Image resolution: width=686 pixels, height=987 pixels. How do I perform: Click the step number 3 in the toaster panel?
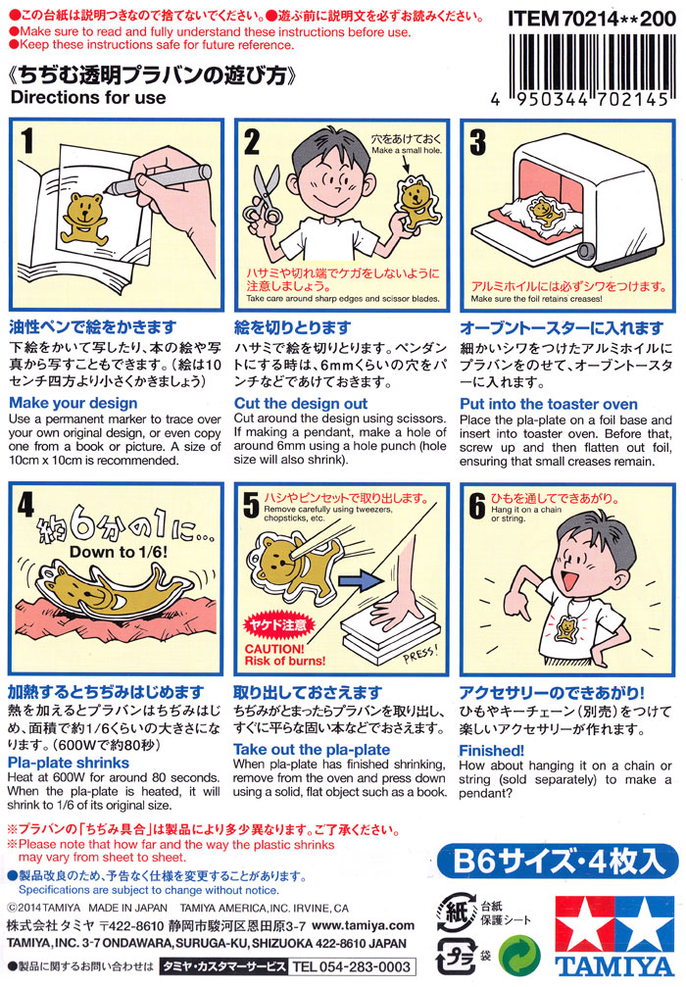pyautogui.click(x=478, y=142)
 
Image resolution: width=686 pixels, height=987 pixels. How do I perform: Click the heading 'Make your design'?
pyautogui.click(x=73, y=403)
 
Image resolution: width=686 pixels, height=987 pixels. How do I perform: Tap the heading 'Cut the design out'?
pyautogui.click(x=301, y=403)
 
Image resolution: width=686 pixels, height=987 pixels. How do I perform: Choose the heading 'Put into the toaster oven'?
pyautogui.click(x=548, y=404)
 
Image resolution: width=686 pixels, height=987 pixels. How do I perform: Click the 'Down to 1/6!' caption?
pyautogui.click(x=119, y=552)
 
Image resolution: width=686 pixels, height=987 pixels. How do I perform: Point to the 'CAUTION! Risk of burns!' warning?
pyautogui.click(x=284, y=655)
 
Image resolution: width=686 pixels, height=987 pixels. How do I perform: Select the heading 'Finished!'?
pyautogui.click(x=491, y=751)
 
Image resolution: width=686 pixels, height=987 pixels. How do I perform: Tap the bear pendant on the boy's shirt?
pyautogui.click(x=567, y=625)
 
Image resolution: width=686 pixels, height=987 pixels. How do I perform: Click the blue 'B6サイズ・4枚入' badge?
pyautogui.click(x=558, y=862)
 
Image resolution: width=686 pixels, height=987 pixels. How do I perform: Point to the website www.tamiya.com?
pyautogui.click(x=364, y=925)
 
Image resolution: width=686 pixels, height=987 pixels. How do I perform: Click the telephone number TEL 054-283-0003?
pyautogui.click(x=351, y=966)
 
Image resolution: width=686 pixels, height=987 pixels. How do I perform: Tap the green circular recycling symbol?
pyautogui.click(x=519, y=955)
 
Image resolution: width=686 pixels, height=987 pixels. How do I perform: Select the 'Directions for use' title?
pyautogui.click(x=88, y=98)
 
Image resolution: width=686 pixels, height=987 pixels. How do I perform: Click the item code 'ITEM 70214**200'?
pyautogui.click(x=592, y=19)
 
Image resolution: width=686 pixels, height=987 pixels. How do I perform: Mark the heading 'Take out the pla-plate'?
pyautogui.click(x=312, y=749)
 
